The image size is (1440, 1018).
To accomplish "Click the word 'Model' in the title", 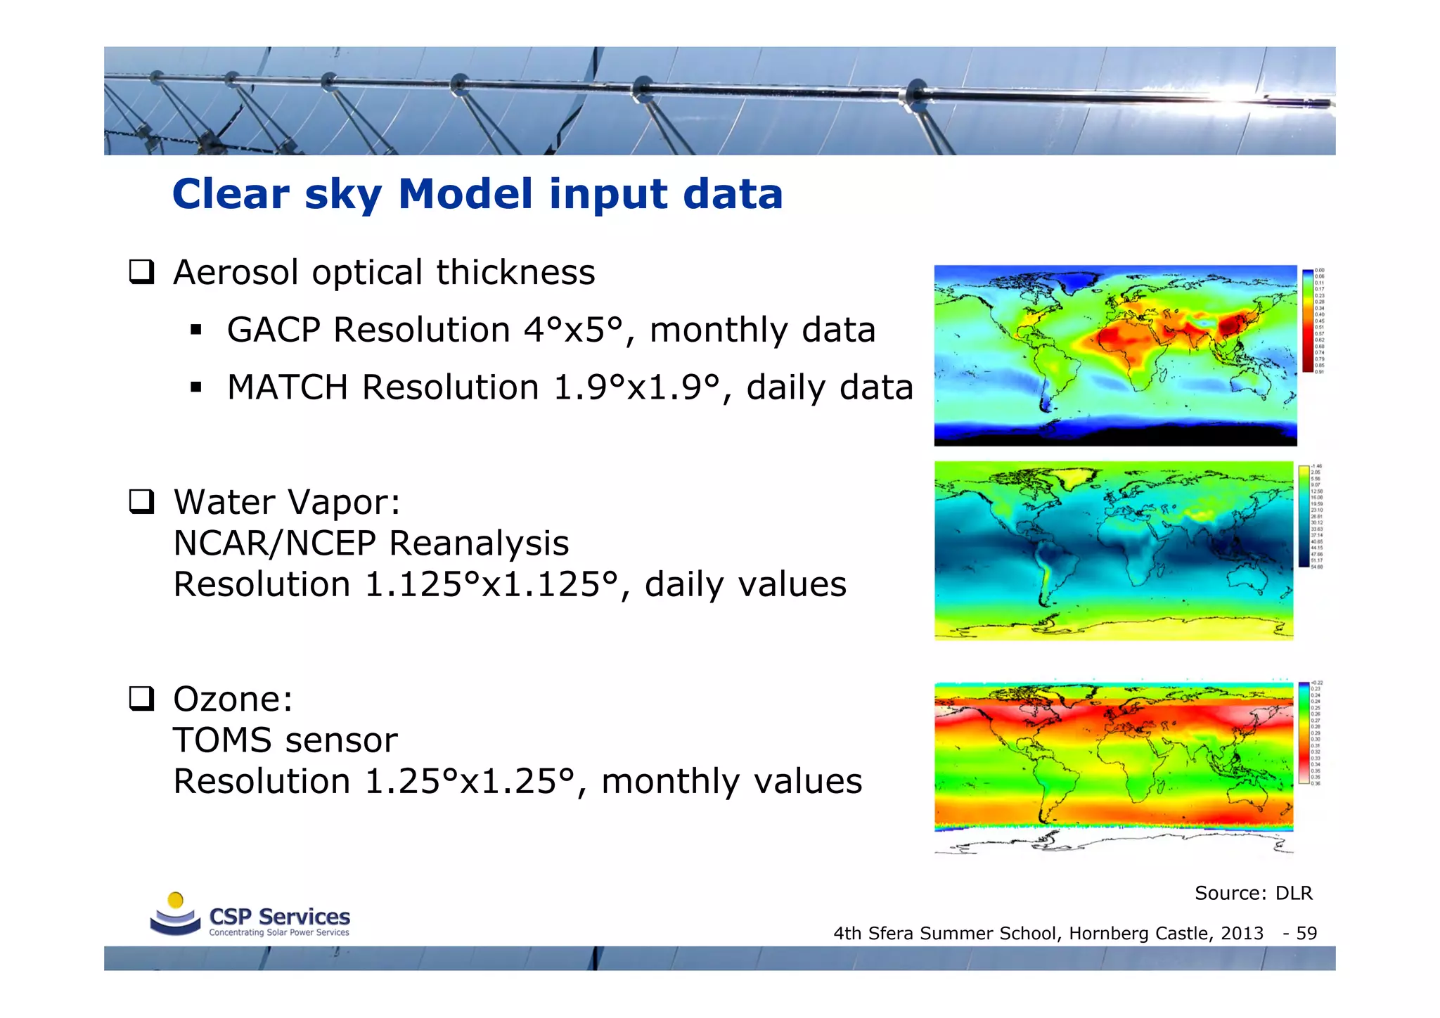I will click(465, 194).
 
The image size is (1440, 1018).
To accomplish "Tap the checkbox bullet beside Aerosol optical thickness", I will click(141, 272).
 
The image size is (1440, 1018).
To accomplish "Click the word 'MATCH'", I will click(288, 387).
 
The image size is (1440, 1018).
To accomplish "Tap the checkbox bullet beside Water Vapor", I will click(141, 502).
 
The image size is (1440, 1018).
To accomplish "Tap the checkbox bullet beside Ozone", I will click(141, 699).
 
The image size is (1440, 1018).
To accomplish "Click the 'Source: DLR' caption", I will click(1253, 893).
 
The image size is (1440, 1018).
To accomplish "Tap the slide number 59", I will click(1306, 934).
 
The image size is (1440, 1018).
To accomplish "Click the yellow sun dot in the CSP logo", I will click(176, 900).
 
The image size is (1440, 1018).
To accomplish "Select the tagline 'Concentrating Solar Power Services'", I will click(278, 932).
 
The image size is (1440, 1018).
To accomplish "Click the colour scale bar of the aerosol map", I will click(1307, 321).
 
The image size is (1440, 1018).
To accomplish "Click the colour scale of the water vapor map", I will click(1304, 516).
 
